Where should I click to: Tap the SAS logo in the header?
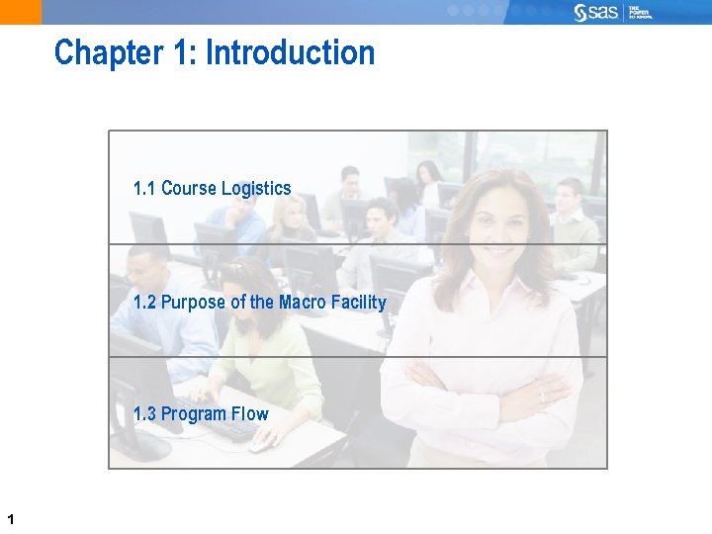pyautogui.click(x=597, y=12)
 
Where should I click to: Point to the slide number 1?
pyautogui.click(x=9, y=518)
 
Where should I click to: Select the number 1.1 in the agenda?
pyautogui.click(x=144, y=188)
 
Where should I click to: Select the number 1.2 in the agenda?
pyautogui.click(x=144, y=302)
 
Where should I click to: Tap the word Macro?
pyautogui.click(x=302, y=302)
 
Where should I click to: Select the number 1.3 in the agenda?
pyautogui.click(x=144, y=413)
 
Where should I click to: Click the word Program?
pyautogui.click(x=195, y=413)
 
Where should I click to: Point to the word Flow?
pyautogui.click(x=250, y=413)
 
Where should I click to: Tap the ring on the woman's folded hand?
pyautogui.click(x=541, y=396)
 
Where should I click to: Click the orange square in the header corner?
pyautogui.click(x=20, y=12)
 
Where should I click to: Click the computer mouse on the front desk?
pyautogui.click(x=259, y=445)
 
